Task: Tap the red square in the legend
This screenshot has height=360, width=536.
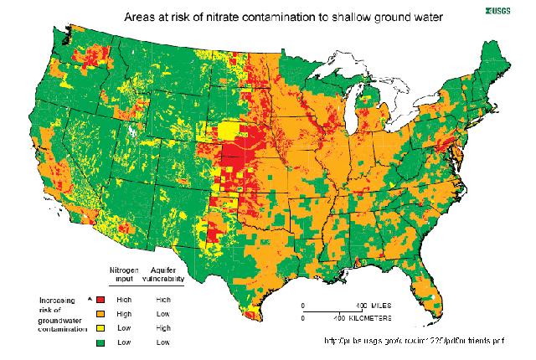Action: click(101, 298)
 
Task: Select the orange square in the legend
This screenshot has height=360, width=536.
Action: click(101, 312)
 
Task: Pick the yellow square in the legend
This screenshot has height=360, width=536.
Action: click(101, 327)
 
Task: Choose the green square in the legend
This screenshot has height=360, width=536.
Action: click(101, 342)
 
